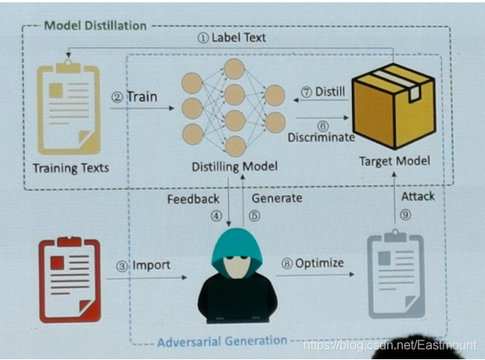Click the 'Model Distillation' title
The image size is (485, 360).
point(95,26)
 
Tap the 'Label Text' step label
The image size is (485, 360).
point(239,38)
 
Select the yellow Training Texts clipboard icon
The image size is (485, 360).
point(69,107)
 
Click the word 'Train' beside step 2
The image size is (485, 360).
point(142,96)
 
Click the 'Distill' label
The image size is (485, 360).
point(330,92)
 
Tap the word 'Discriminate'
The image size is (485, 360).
point(321,137)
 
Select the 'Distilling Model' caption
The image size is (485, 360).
point(235,167)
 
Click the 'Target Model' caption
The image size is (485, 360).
point(394,161)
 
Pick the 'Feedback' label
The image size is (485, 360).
point(193,199)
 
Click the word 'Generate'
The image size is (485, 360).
point(277,198)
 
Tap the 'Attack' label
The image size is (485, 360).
point(418,196)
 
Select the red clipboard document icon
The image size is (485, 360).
point(70,279)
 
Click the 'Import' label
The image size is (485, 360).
point(151,265)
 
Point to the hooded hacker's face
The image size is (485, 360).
point(236,265)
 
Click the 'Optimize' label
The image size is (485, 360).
point(319,263)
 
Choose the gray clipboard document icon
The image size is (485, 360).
point(396,275)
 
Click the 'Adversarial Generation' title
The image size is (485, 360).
point(222,341)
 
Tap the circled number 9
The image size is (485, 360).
point(405,214)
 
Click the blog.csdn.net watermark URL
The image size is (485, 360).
point(390,345)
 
